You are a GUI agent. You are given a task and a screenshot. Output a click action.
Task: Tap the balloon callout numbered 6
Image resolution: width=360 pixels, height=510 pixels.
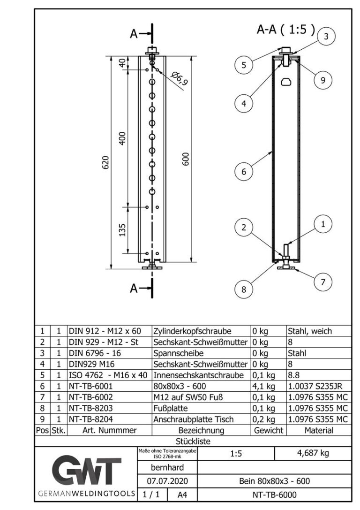[243, 172]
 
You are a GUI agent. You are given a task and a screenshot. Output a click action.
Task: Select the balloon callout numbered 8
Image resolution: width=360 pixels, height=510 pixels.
[243, 289]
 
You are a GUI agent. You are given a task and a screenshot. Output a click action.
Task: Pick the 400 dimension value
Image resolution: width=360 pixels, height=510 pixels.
[122, 138]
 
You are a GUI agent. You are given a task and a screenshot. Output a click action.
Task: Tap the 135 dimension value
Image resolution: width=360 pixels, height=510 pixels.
[122, 230]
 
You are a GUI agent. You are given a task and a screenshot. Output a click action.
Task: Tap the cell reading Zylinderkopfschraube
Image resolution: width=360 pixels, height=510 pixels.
[192, 331]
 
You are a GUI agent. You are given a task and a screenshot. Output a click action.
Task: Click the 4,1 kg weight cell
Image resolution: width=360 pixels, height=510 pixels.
[261, 386]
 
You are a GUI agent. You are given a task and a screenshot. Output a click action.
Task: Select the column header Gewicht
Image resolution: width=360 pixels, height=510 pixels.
[268, 430]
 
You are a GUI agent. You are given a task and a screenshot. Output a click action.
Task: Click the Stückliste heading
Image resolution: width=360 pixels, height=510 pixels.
[193, 441]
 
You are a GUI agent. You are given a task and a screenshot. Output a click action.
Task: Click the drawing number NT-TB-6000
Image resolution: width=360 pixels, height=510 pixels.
[274, 495]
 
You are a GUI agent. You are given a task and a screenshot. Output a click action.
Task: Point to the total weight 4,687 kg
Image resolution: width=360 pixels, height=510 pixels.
[312, 454]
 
